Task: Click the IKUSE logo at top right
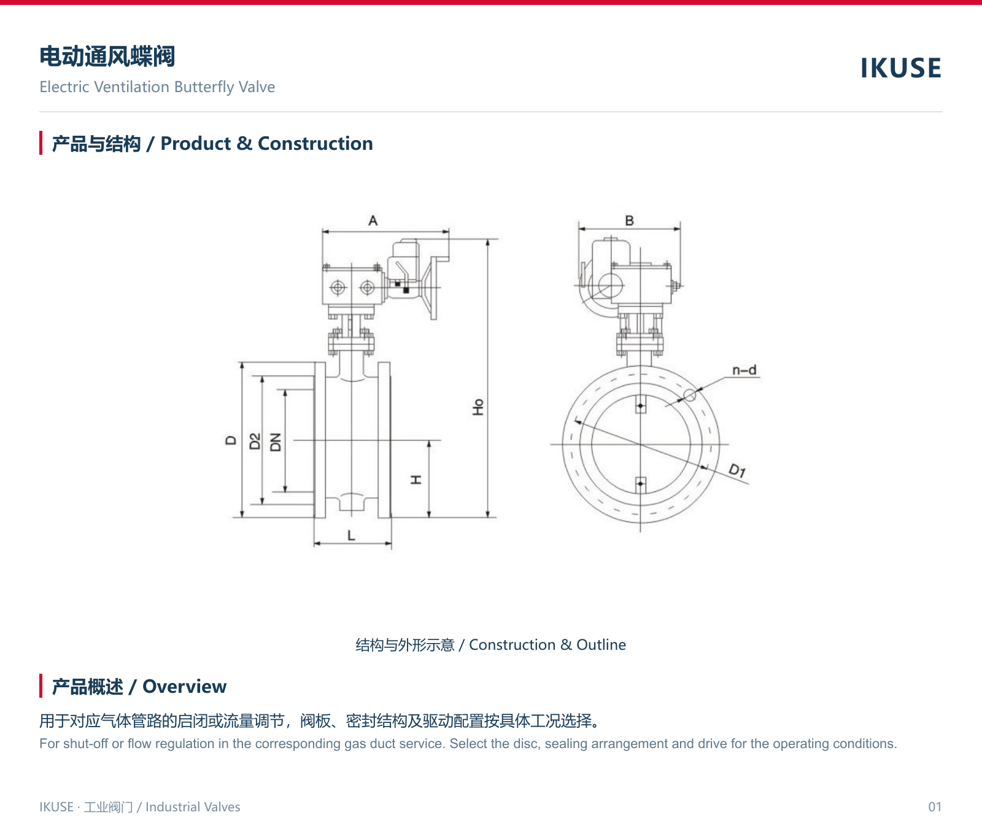click(x=900, y=68)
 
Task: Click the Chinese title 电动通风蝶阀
click(x=107, y=57)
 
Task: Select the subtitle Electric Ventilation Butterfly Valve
click(x=157, y=87)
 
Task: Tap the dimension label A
click(x=373, y=220)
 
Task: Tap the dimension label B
click(x=629, y=220)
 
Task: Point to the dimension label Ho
click(x=478, y=407)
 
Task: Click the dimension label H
click(x=416, y=479)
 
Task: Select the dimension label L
click(x=351, y=536)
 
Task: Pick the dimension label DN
click(x=276, y=442)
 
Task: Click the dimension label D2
click(x=255, y=441)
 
